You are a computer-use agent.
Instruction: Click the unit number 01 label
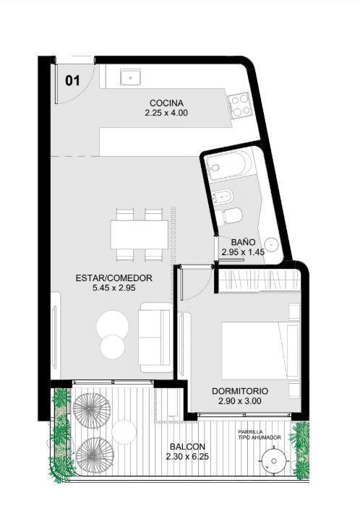pyautogui.click(x=72, y=80)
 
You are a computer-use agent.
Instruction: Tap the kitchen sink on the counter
pyautogui.click(x=130, y=77)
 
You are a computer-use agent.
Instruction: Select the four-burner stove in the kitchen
pyautogui.click(x=240, y=106)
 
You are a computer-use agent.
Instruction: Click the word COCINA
pyautogui.click(x=166, y=103)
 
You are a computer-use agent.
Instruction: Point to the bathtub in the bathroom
pyautogui.click(x=228, y=166)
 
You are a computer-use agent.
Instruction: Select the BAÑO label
pyautogui.click(x=243, y=242)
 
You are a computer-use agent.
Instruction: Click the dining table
pyautogui.click(x=140, y=235)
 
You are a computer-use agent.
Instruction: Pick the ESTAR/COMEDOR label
pyautogui.click(x=113, y=278)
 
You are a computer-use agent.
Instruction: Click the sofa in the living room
pyautogui.click(x=155, y=337)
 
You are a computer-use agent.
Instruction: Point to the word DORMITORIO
pyautogui.click(x=240, y=391)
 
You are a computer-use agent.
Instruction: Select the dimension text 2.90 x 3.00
pyautogui.click(x=240, y=401)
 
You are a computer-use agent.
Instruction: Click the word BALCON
pyautogui.click(x=187, y=447)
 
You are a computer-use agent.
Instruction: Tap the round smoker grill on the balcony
pyautogui.click(x=274, y=461)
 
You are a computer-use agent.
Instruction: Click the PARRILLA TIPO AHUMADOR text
pyautogui.click(x=260, y=434)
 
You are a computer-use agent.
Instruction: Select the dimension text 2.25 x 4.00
pyautogui.click(x=166, y=113)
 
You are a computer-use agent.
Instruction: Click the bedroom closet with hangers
pyautogui.click(x=260, y=281)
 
